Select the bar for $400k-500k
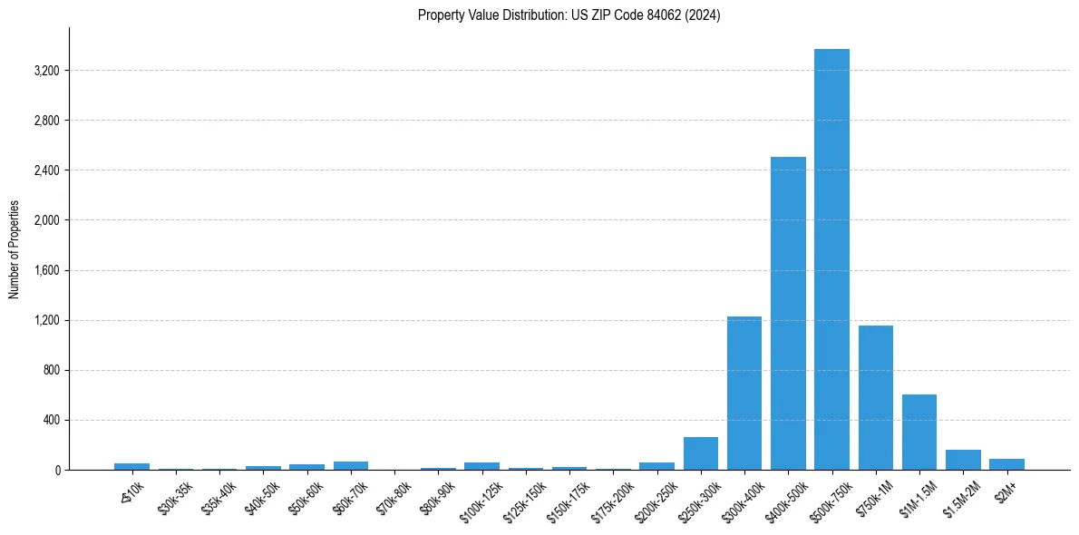point(788,313)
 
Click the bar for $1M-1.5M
point(919,432)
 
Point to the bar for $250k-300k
point(701,453)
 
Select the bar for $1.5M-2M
point(963,460)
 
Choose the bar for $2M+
point(1006,464)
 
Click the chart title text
point(569,15)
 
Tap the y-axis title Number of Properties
point(15,249)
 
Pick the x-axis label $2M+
point(1005,488)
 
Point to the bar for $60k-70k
point(351,465)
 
